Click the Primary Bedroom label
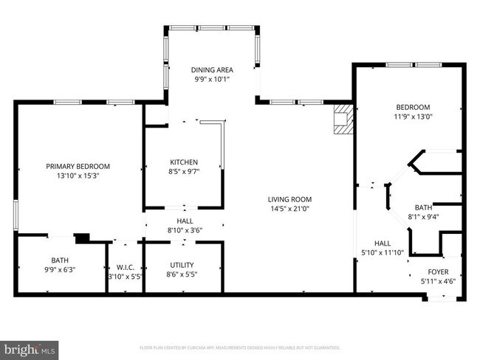click(x=78, y=166)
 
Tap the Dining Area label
click(x=213, y=70)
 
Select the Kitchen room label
click(x=184, y=162)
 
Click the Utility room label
click(x=182, y=265)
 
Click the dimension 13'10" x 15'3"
click(x=78, y=176)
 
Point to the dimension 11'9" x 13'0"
click(x=413, y=116)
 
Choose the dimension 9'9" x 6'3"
click(x=59, y=269)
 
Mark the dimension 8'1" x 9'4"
click(x=423, y=217)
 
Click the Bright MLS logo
click(x=30, y=347)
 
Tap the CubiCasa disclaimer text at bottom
click(x=239, y=347)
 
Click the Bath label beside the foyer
click(x=423, y=207)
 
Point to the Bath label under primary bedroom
click(x=59, y=260)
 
